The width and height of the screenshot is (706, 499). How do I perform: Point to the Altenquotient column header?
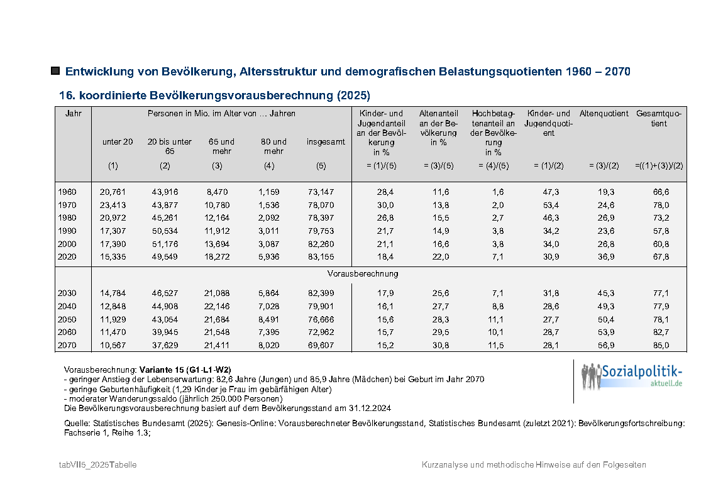click(604, 114)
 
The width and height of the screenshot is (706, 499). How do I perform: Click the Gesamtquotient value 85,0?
click(660, 345)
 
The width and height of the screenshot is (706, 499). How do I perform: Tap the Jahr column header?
click(73, 114)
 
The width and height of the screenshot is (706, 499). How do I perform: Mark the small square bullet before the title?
click(55, 71)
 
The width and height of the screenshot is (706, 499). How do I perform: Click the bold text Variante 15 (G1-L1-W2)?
click(179, 370)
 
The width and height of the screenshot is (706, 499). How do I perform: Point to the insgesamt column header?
click(326, 142)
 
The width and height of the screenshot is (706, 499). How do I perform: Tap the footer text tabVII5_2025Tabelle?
click(97, 464)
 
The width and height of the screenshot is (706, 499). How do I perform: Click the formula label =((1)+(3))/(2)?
click(659, 165)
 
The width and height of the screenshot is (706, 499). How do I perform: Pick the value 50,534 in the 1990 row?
click(165, 231)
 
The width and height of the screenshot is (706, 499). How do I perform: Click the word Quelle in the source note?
click(77, 424)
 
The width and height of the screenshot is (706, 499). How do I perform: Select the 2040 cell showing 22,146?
click(217, 306)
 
